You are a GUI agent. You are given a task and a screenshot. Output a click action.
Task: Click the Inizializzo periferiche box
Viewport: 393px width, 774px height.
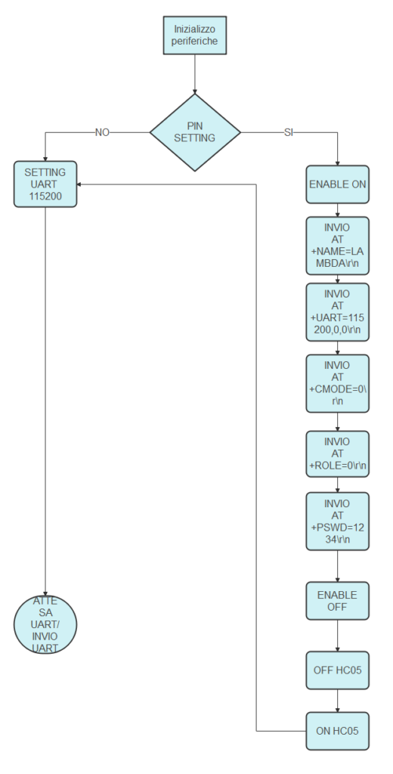tap(194, 35)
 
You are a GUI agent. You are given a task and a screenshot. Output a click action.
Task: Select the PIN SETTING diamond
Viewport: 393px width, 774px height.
tap(195, 132)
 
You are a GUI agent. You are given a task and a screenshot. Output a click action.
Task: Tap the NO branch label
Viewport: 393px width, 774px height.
tap(102, 132)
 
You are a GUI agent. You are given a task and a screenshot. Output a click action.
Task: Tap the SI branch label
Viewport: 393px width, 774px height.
tap(289, 132)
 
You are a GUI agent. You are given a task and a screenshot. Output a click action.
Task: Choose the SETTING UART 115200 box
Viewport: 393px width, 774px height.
tap(45, 184)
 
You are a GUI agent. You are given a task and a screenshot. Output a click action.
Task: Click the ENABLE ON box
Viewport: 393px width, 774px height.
tap(337, 184)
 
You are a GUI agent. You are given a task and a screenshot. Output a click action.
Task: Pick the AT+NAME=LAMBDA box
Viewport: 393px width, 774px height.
tap(337, 246)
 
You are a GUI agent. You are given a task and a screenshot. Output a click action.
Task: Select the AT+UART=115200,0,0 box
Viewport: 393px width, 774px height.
tap(337, 312)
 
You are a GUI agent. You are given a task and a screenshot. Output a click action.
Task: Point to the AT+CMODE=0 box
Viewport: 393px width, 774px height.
tap(337, 383)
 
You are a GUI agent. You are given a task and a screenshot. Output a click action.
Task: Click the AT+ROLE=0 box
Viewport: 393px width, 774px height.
tap(337, 454)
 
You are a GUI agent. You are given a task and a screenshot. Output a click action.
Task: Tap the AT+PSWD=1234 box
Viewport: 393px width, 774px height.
tap(337, 522)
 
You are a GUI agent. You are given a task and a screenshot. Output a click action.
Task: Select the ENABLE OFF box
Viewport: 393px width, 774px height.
tap(337, 601)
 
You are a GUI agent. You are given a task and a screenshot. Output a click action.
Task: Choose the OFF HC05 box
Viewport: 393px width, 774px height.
tap(337, 670)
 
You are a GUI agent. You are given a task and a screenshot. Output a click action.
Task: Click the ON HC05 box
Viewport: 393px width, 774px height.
tap(337, 731)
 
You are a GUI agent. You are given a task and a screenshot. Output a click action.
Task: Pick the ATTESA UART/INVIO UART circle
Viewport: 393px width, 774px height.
tap(45, 624)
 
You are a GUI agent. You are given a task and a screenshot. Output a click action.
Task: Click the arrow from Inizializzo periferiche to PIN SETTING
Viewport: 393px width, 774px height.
tap(194, 74)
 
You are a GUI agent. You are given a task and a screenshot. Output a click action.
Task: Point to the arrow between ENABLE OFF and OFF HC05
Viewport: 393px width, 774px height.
tap(337, 636)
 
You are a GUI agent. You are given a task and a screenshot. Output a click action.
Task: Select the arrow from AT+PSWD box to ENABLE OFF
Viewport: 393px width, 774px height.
tap(337, 566)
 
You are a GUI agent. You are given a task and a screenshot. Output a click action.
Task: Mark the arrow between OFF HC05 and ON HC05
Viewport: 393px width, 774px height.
tap(337, 701)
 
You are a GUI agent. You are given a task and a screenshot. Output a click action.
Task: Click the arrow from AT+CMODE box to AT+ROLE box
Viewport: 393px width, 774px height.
tap(337, 422)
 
